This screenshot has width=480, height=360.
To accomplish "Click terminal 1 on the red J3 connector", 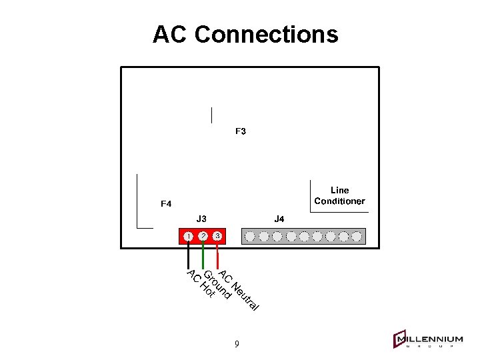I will tap(189, 236).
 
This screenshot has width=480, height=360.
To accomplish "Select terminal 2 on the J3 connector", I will tap(203, 236).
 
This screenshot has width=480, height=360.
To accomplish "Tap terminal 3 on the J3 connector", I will tap(217, 236).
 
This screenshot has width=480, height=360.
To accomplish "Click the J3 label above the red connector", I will tap(201, 219).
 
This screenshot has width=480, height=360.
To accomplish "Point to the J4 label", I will tap(279, 219).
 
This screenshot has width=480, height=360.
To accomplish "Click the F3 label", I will tap(241, 131).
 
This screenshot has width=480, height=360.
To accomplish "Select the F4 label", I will tap(166, 203).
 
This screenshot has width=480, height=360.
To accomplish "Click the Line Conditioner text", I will tap(340, 196).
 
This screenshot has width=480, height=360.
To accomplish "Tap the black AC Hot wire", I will tap(189, 257).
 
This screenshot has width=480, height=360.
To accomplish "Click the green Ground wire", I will tap(203, 257).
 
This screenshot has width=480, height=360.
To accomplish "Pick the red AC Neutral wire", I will tap(218, 257).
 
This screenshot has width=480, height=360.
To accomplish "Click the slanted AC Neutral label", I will tap(238, 292).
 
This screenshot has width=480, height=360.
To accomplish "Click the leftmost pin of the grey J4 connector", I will tap(250, 236).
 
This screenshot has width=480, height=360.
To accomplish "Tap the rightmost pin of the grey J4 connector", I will tap(357, 236).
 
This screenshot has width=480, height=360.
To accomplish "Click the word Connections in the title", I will tap(267, 34).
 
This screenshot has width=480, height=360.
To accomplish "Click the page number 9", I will tap(237, 344).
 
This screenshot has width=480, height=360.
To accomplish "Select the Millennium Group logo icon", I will tap(400, 339).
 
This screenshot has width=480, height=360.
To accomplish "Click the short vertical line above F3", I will tap(211, 115).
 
